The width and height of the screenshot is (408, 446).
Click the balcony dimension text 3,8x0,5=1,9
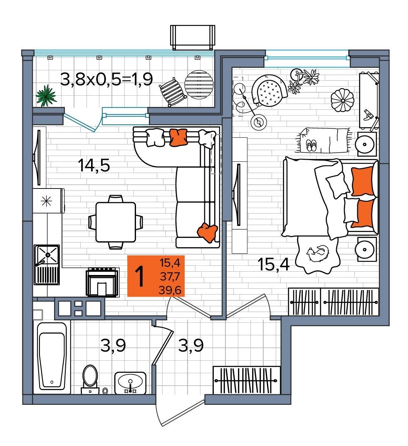(x=106, y=79)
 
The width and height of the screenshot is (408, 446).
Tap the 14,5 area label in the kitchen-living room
(x=94, y=166)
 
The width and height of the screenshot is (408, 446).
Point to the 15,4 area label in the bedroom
(x=273, y=265)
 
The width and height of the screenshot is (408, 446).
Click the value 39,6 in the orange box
(x=170, y=290)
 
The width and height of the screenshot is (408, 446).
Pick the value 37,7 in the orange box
(x=170, y=276)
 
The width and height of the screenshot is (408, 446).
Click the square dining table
(x=116, y=222)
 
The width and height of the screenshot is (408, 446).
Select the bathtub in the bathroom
(x=52, y=358)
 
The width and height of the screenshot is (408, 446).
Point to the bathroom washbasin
(x=130, y=383)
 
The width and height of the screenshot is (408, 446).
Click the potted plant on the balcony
(x=46, y=96)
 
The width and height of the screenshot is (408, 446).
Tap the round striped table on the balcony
(x=199, y=84)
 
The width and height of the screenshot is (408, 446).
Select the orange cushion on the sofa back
(x=178, y=137)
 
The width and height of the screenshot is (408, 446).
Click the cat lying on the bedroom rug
(x=318, y=253)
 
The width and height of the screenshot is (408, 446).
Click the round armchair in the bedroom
(x=269, y=90)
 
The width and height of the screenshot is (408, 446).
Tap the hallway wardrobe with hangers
(x=247, y=380)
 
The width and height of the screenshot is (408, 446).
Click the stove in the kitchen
(x=102, y=282)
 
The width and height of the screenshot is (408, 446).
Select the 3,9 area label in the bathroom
(x=113, y=346)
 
